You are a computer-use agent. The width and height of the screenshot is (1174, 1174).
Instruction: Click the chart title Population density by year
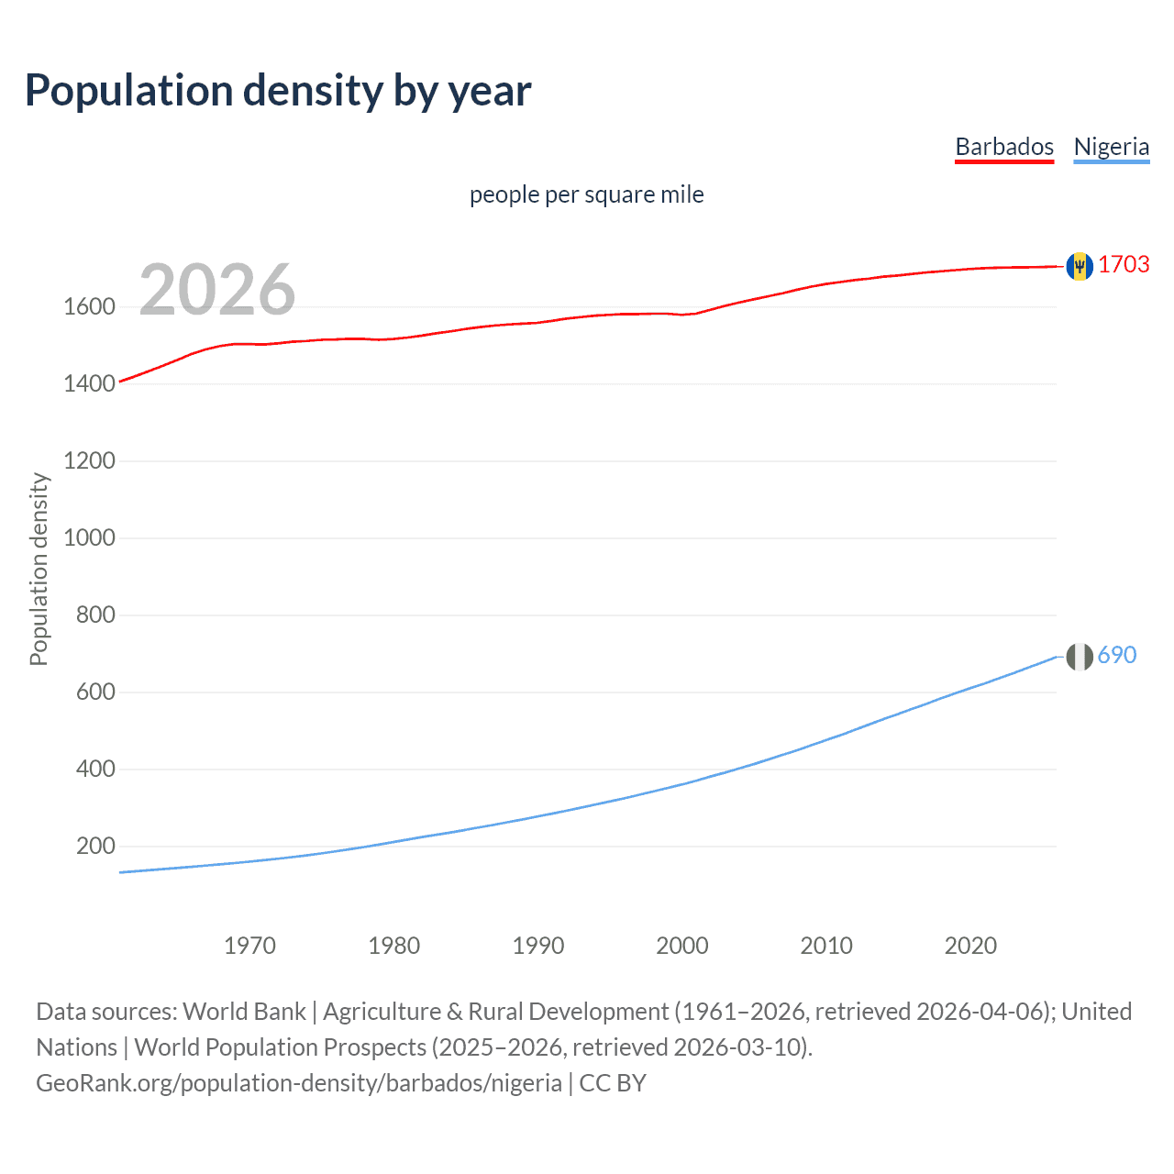(x=278, y=91)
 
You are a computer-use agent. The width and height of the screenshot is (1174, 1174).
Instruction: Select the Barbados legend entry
(x=1004, y=147)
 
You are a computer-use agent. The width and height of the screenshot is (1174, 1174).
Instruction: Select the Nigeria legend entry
(x=1111, y=147)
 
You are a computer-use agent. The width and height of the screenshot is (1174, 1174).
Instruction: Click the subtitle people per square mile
(x=586, y=194)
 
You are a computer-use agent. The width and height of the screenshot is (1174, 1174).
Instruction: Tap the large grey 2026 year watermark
(x=217, y=290)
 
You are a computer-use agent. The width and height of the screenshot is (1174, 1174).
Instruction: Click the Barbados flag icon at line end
(x=1080, y=266)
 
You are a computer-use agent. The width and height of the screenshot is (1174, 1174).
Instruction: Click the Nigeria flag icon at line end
(x=1080, y=657)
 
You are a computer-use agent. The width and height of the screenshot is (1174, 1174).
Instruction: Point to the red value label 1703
(x=1124, y=264)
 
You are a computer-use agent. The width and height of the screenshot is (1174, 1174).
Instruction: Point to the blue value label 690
(x=1116, y=655)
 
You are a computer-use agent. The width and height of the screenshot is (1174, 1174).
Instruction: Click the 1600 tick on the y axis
(x=89, y=306)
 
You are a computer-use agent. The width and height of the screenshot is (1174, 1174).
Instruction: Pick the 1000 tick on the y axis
(x=89, y=537)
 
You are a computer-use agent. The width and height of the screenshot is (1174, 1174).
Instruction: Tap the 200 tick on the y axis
(x=95, y=846)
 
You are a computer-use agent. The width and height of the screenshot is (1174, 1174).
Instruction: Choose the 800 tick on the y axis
(x=95, y=615)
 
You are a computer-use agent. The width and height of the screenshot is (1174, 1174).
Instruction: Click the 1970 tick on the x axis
(x=249, y=946)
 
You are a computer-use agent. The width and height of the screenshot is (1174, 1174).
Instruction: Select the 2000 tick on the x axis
(x=681, y=946)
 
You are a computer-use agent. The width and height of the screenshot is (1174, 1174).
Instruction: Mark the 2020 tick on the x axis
(x=970, y=946)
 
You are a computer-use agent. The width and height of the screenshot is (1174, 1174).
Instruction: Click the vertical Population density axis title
(x=39, y=569)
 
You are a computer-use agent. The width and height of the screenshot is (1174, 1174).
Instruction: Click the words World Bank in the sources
(x=244, y=1012)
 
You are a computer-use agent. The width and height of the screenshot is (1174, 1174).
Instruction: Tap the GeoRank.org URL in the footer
(x=298, y=1083)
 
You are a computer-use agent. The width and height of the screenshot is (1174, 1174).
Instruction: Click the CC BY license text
(x=613, y=1083)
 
